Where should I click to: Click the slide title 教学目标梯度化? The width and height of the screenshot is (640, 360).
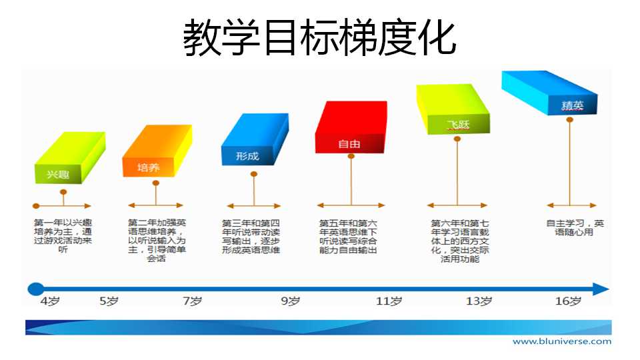click(x=319, y=37)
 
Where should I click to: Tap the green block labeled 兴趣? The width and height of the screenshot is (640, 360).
click(x=70, y=158)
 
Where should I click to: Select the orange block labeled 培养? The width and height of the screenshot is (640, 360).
click(x=157, y=151)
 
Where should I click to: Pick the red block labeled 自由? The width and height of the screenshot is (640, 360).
click(x=351, y=127)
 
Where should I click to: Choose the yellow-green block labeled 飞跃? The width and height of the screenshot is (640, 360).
click(x=453, y=109)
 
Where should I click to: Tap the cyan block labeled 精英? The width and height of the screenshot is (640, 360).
click(x=549, y=93)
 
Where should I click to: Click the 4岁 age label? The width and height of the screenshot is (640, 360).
click(x=50, y=301)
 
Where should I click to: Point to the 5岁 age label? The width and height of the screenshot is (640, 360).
click(x=109, y=301)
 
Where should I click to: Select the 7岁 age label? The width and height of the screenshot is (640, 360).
click(x=192, y=301)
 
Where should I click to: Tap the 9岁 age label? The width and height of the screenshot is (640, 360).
click(x=290, y=301)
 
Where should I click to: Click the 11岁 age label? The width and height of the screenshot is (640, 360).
click(x=389, y=301)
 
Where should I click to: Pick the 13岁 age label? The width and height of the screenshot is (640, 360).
click(x=479, y=301)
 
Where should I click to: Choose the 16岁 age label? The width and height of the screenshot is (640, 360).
click(x=568, y=301)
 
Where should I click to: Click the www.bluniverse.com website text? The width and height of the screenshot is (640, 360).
click(x=562, y=341)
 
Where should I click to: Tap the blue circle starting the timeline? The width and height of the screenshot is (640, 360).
click(x=35, y=289)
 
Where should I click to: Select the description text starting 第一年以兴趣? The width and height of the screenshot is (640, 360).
click(x=63, y=236)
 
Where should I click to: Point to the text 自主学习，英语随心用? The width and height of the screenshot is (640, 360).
click(x=575, y=228)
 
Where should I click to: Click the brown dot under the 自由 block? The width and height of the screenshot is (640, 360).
click(x=351, y=156)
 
